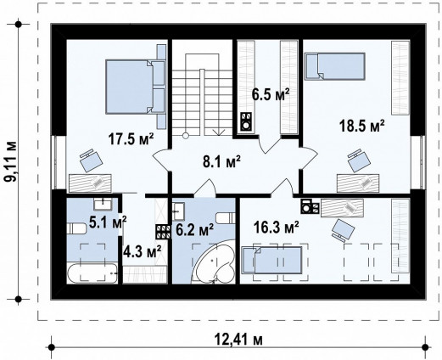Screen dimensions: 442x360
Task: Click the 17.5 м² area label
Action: click(x=131, y=139)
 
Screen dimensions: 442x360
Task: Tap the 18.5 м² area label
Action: click(x=361, y=126)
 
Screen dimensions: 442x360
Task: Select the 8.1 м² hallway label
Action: click(x=221, y=161)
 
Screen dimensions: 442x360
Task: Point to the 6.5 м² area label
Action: click(x=271, y=94)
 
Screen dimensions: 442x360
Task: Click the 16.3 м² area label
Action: click(x=277, y=228)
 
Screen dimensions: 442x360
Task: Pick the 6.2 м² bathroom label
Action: click(x=194, y=229)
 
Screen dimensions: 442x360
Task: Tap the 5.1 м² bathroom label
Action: click(x=108, y=222)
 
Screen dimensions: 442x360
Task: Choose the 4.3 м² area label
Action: click(x=143, y=251)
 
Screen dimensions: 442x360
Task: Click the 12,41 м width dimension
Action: click(x=238, y=340)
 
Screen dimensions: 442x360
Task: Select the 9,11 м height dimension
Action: click(x=12, y=161)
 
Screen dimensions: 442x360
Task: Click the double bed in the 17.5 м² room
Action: click(x=135, y=87)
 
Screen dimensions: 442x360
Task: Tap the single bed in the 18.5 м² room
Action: click(x=335, y=66)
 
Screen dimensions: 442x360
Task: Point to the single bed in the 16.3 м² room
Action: click(x=271, y=260)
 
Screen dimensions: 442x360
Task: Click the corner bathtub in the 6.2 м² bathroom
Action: click(x=214, y=262)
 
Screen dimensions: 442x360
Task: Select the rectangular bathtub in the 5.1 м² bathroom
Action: click(x=92, y=273)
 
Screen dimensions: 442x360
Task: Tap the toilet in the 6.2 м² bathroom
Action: click(x=226, y=218)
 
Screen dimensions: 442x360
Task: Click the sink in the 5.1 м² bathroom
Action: click(x=103, y=204)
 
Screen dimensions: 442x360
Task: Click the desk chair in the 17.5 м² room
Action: click(x=91, y=160)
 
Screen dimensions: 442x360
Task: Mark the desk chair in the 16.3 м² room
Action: click(x=343, y=230)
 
